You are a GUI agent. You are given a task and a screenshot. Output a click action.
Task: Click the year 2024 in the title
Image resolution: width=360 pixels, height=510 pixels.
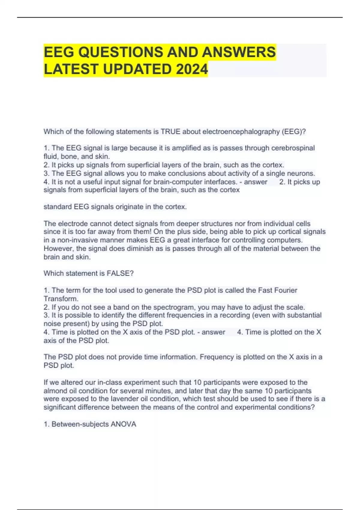pyautogui.click(x=192, y=69)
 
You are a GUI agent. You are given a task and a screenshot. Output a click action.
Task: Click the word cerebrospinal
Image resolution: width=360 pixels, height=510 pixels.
pyautogui.click(x=293, y=148)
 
